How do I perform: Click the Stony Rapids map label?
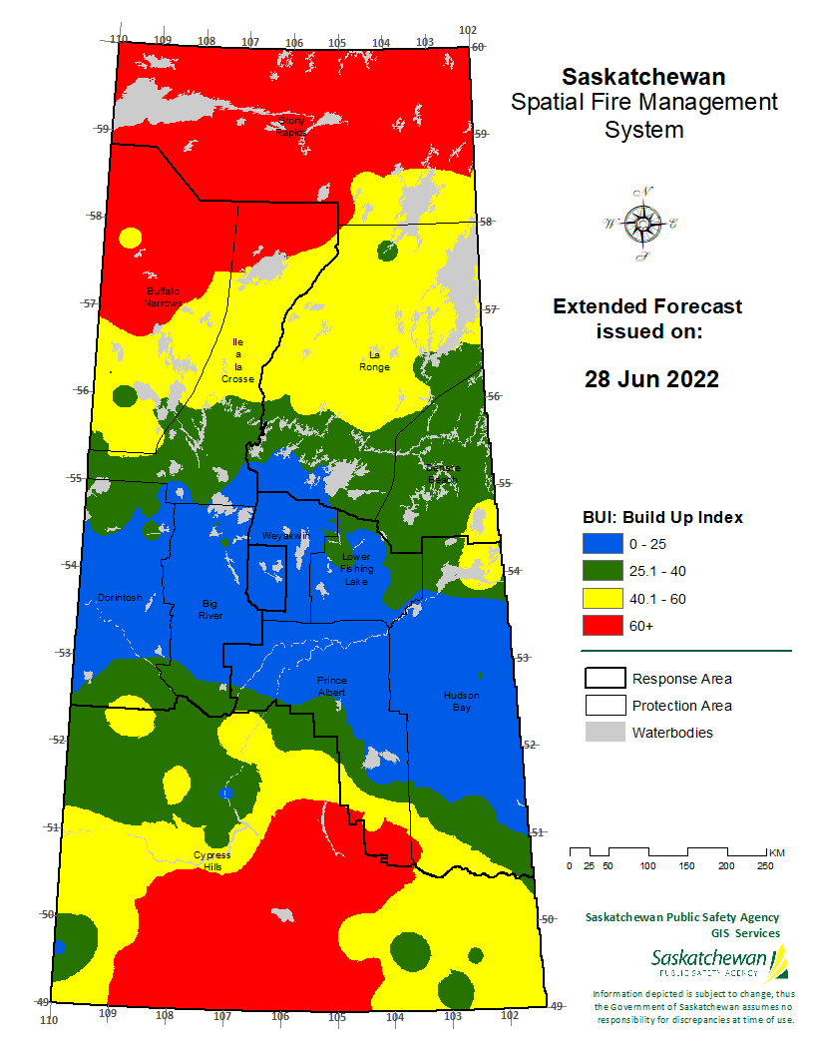coord(292,126)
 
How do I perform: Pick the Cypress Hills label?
coord(211,861)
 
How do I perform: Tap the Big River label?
coord(209,609)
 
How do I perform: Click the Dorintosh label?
coord(120,598)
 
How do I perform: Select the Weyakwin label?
coord(285,536)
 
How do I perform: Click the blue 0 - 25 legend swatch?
coord(603,544)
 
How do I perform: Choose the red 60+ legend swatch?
coord(603,626)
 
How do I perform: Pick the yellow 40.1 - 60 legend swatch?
coord(603,599)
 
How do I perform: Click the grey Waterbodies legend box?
coord(603,733)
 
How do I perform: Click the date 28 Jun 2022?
coord(651,379)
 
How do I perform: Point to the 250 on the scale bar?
coord(765,866)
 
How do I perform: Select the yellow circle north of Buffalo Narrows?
coord(130,239)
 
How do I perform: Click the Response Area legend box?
coord(603,679)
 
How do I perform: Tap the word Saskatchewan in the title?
coord(643,77)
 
